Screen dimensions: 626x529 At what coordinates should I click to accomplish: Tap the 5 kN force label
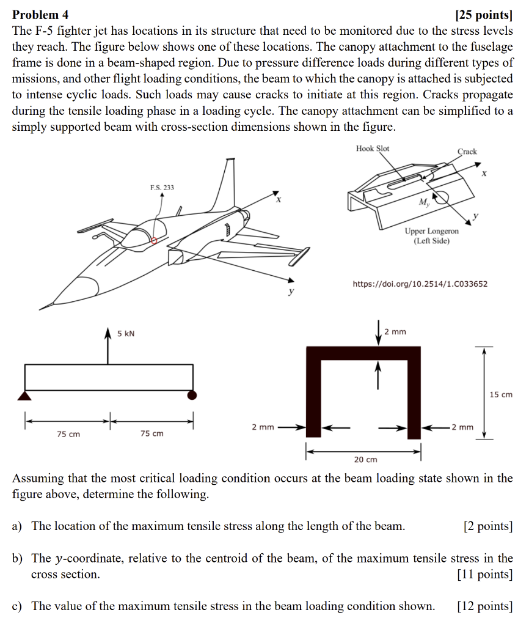click(x=126, y=333)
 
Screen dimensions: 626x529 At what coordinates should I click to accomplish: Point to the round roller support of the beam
click(x=192, y=395)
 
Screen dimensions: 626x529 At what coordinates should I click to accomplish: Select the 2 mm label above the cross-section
click(x=395, y=332)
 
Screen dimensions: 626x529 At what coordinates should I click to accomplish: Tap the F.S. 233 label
click(x=161, y=187)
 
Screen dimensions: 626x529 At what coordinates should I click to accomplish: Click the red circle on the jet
click(x=154, y=240)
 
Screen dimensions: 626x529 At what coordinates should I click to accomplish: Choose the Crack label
click(x=467, y=151)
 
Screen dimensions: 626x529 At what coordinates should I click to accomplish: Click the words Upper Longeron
click(x=431, y=232)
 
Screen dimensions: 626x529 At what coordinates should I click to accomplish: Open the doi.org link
click(x=420, y=284)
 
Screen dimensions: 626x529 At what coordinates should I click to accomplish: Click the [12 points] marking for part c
click(x=484, y=606)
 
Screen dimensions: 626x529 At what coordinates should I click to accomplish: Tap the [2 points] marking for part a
click(x=487, y=526)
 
